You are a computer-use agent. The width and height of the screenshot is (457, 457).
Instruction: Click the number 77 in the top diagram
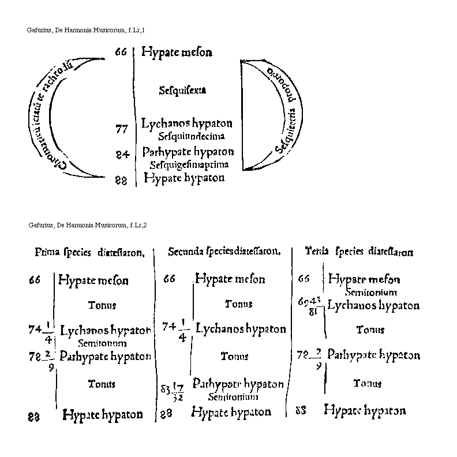[x=121, y=129]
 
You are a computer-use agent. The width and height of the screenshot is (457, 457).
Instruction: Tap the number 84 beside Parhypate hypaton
[x=121, y=155]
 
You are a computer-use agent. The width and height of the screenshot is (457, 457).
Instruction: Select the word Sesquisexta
[x=182, y=90]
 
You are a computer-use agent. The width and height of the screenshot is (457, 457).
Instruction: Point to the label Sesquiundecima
[x=191, y=136]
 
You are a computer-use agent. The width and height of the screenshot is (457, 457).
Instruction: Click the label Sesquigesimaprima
[x=189, y=164]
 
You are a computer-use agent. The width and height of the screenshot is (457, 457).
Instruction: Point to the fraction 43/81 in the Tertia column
[x=314, y=305]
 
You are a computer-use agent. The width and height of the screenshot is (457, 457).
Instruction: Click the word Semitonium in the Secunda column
[x=233, y=397]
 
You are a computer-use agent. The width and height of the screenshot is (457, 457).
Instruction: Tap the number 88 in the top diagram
[x=121, y=180]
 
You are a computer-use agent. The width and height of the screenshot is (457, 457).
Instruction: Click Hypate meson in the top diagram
[x=177, y=53]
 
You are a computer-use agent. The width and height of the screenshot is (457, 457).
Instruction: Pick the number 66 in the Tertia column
[x=304, y=279]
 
